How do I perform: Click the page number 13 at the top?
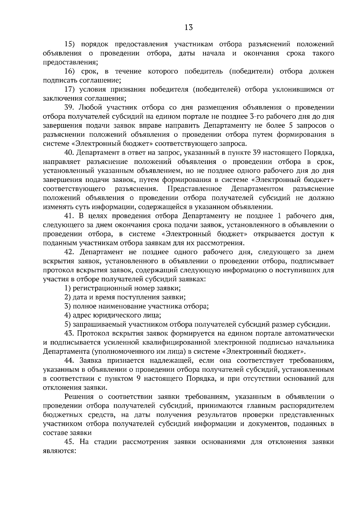pos(188,28)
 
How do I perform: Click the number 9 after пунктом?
pos(139,378)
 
